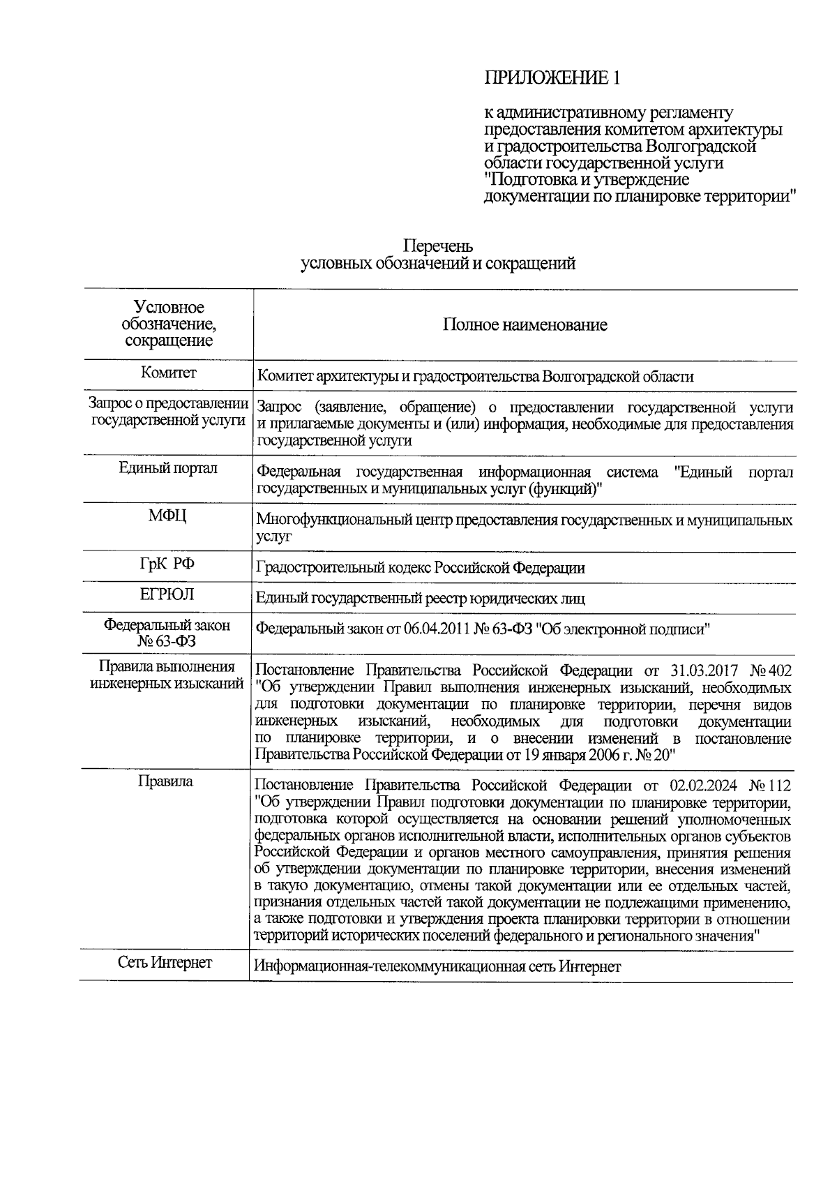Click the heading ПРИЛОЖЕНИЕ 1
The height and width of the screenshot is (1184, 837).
pyautogui.click(x=552, y=78)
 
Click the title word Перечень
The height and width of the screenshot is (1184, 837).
pyautogui.click(x=438, y=247)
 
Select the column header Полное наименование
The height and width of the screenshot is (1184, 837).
pyautogui.click(x=525, y=324)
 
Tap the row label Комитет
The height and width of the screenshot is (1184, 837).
pyautogui.click(x=169, y=373)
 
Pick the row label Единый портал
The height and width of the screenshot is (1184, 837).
pyautogui.click(x=168, y=468)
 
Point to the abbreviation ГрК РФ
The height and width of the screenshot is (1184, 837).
pyautogui.click(x=167, y=564)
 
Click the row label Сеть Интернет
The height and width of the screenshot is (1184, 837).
pyautogui.click(x=165, y=963)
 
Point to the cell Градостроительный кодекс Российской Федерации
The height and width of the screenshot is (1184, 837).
pyautogui.click(x=421, y=568)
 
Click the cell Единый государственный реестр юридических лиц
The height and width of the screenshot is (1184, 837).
pyautogui.click(x=421, y=599)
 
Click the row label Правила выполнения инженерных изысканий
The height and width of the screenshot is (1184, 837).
pyautogui.click(x=167, y=675)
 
